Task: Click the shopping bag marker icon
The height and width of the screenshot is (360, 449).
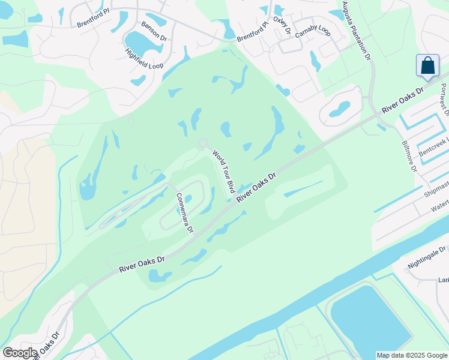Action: click(427, 65)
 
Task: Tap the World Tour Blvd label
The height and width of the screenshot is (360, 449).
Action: click(223, 171)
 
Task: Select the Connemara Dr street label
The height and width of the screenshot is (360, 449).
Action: click(184, 212)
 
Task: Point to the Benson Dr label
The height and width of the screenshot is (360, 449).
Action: click(153, 31)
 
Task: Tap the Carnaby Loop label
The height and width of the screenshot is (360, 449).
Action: click(313, 32)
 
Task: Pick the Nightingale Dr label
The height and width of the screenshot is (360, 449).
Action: click(427, 255)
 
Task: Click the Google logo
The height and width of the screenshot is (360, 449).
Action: click(20, 353)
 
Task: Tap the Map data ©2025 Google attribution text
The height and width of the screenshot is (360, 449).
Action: click(412, 355)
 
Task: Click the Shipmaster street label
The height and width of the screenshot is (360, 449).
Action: click(436, 190)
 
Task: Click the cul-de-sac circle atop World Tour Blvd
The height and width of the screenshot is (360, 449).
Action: click(203, 143)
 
